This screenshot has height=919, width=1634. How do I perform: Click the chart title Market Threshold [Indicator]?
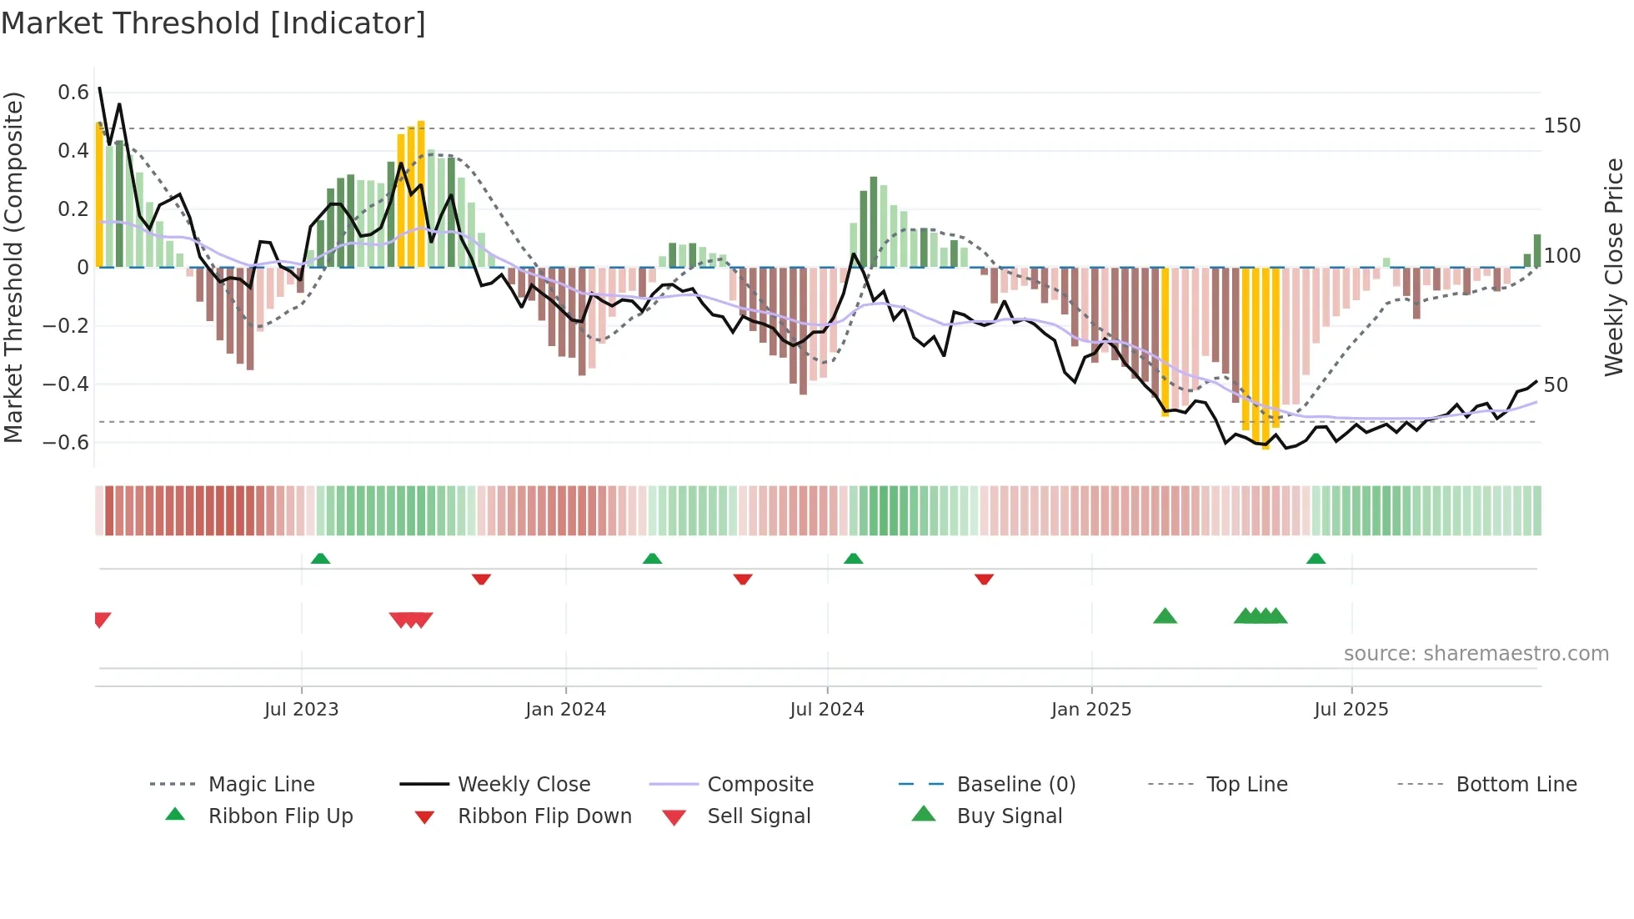(213, 23)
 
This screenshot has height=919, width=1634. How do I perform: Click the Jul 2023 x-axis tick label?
(301, 710)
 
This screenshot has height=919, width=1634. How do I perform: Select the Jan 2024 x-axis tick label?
(565, 710)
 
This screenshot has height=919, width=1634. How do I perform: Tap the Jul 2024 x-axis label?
(826, 710)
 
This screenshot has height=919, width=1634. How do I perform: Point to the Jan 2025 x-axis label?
(1090, 710)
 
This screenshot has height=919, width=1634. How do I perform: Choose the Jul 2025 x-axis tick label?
(1351, 710)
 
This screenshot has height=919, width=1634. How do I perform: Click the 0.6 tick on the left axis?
(73, 93)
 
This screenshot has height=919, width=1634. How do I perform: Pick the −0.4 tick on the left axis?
(66, 384)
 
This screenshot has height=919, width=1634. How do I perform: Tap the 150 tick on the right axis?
(1561, 126)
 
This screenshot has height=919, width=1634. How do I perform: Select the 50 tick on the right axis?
(1556, 385)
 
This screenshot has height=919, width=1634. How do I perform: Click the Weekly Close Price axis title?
(1614, 267)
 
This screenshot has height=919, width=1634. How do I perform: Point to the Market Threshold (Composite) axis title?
(13, 267)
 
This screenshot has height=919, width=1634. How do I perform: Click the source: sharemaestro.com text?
(1476, 654)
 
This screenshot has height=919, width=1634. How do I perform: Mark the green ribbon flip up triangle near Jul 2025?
(1316, 559)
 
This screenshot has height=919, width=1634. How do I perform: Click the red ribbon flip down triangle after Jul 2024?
(984, 579)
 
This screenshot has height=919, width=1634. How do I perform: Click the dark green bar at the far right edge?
(1537, 250)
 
